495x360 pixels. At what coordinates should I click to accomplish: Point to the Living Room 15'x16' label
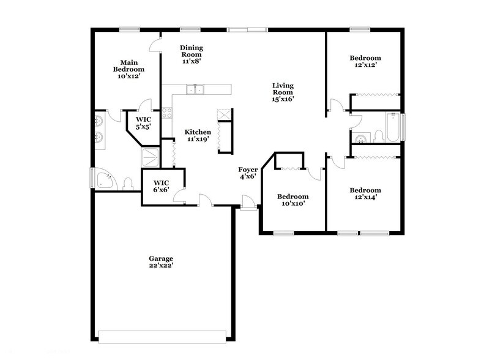pyautogui.click(x=283, y=93)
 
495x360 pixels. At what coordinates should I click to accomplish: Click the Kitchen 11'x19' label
pyautogui.click(x=198, y=136)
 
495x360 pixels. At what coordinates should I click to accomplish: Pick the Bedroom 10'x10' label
pyautogui.click(x=292, y=200)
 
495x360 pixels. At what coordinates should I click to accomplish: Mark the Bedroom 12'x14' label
pyautogui.click(x=365, y=193)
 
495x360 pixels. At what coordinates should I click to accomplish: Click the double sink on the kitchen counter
pyautogui.click(x=196, y=90)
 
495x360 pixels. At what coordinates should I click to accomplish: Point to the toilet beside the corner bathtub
pyautogui.click(x=127, y=183)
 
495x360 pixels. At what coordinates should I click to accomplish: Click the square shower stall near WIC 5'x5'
pyautogui.click(x=151, y=157)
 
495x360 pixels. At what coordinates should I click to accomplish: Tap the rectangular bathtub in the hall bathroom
pyautogui.click(x=392, y=127)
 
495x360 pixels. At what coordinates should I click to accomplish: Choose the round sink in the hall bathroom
pyautogui.click(x=360, y=137)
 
